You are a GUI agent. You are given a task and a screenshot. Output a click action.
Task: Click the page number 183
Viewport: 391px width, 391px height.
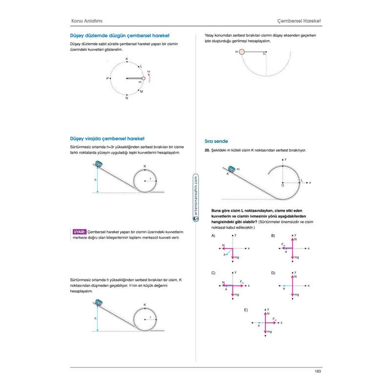(x=317, y=372)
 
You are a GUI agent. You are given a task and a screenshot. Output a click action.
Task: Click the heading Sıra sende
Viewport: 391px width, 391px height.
(x=216, y=141)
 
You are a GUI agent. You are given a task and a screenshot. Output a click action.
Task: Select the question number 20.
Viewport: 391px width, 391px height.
(x=207, y=151)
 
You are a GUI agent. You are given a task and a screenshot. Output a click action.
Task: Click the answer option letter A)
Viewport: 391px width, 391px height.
(x=214, y=236)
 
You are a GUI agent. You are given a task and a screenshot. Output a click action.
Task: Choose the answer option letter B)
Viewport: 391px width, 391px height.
(x=273, y=236)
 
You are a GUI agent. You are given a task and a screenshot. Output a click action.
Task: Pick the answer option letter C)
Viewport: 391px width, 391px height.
(x=214, y=272)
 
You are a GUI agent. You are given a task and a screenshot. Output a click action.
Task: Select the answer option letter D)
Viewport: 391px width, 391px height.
(x=273, y=272)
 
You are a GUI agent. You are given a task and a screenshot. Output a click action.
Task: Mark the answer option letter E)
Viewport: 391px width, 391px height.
(x=246, y=310)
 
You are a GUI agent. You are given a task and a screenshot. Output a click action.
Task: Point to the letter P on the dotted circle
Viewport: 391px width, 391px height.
(x=108, y=78)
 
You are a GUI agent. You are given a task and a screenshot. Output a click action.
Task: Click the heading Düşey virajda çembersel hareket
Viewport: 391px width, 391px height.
(x=108, y=139)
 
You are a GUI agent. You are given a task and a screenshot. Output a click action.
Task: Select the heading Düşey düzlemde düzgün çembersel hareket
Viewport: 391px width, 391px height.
(x=120, y=36)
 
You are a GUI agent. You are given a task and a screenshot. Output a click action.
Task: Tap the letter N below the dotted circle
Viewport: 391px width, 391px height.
(x=127, y=98)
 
